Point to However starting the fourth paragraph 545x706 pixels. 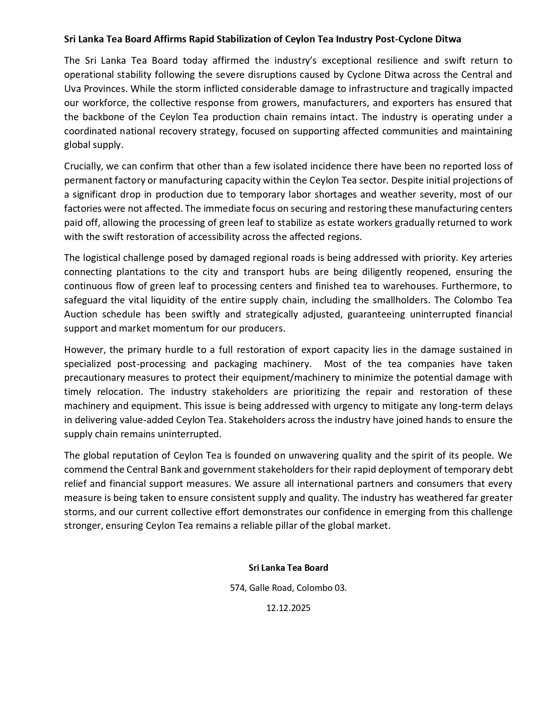[x=84, y=350]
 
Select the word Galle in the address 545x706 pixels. [x=260, y=588]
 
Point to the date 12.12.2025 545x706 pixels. [x=289, y=608]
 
